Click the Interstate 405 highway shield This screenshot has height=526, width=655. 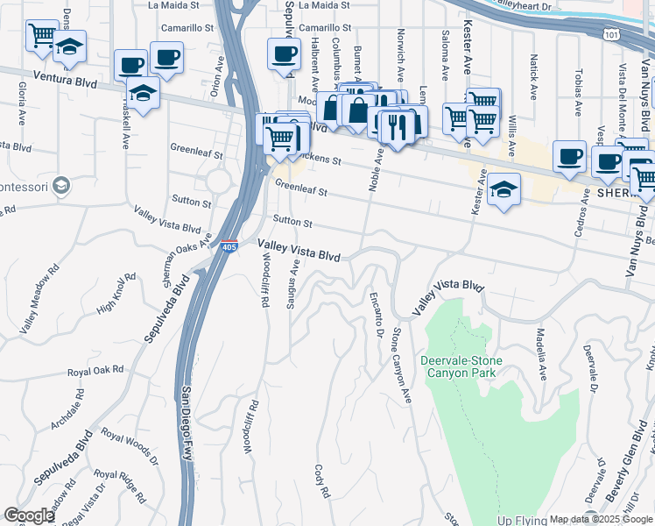[x=229, y=247]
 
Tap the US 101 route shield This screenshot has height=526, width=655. [x=611, y=32]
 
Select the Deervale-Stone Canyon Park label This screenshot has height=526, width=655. [x=459, y=366]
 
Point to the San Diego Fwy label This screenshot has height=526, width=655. [x=187, y=423]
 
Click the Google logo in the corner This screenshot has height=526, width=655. [x=30, y=515]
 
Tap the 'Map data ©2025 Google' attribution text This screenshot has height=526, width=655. [x=601, y=519]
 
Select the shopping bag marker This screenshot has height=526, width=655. [x=358, y=111]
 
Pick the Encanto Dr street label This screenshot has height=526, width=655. [x=377, y=316]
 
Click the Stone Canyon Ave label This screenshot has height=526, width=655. [x=401, y=365]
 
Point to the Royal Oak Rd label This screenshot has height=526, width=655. [x=95, y=371]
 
